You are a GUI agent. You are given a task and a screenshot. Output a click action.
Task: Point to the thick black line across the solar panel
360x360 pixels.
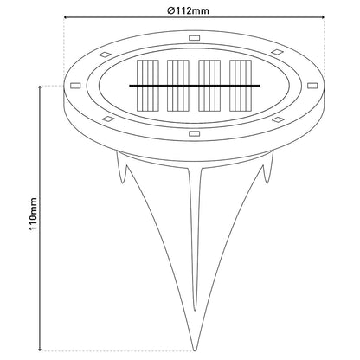coord(195,86)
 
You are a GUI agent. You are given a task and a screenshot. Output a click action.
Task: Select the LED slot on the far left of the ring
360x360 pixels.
coord(75,86)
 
